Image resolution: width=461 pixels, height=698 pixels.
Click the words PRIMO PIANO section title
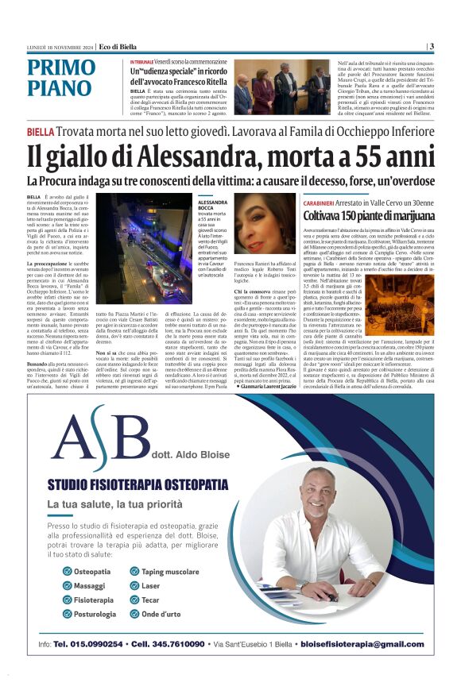60,78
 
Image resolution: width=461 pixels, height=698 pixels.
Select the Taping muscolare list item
170,572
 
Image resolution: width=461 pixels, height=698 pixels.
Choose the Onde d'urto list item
161,615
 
